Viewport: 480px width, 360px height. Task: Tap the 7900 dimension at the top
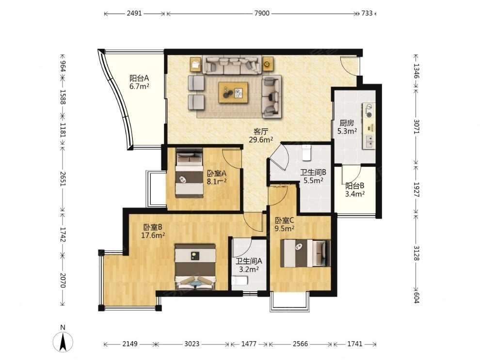click(x=262, y=13)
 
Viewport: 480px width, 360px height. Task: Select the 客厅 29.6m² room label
click(x=261, y=136)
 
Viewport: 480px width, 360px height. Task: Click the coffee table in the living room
click(x=233, y=93)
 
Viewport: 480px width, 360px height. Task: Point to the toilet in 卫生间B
click(x=306, y=153)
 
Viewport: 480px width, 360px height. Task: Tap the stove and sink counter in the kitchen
click(x=369, y=126)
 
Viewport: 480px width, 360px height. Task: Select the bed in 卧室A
click(x=190, y=173)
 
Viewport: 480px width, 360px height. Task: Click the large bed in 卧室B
click(x=195, y=266)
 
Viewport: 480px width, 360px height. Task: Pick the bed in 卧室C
click(x=305, y=253)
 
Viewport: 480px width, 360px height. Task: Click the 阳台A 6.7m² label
click(x=139, y=82)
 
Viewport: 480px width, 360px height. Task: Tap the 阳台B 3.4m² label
click(x=355, y=189)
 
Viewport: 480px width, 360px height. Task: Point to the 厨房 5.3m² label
click(x=347, y=127)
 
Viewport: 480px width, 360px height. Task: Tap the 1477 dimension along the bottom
click(x=249, y=344)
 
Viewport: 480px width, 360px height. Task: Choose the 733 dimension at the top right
click(x=367, y=13)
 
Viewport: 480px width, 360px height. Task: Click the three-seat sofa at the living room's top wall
click(x=232, y=65)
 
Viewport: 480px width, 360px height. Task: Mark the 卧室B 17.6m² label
click(x=153, y=231)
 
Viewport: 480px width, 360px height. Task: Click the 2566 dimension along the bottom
click(x=300, y=344)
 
